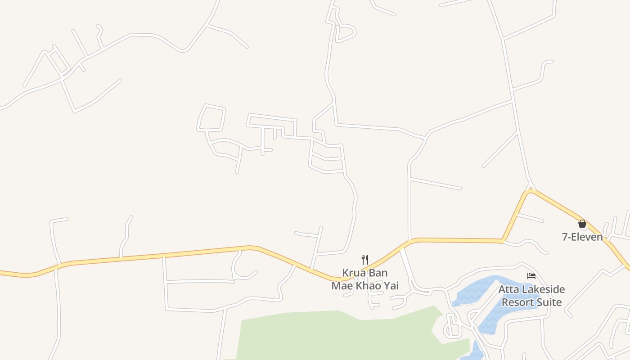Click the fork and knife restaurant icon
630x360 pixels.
365,260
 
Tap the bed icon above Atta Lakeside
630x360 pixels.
531,276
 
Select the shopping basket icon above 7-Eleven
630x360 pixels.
582,224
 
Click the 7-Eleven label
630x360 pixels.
582,237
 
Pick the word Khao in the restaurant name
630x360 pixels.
369,286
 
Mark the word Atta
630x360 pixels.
508,289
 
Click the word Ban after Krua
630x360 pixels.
378,273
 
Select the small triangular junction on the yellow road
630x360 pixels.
531,188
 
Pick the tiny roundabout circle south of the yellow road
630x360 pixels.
234,277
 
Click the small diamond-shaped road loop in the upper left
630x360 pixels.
58,62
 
